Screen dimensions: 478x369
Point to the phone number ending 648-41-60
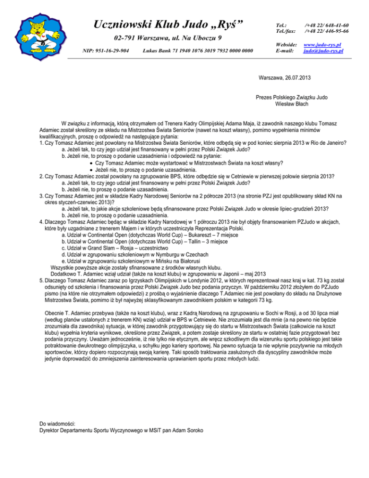pos(326,25)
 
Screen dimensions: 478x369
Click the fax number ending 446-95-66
pos(326,31)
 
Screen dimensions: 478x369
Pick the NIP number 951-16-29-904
pos(106,50)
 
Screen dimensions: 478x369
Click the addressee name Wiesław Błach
pos(292,103)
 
